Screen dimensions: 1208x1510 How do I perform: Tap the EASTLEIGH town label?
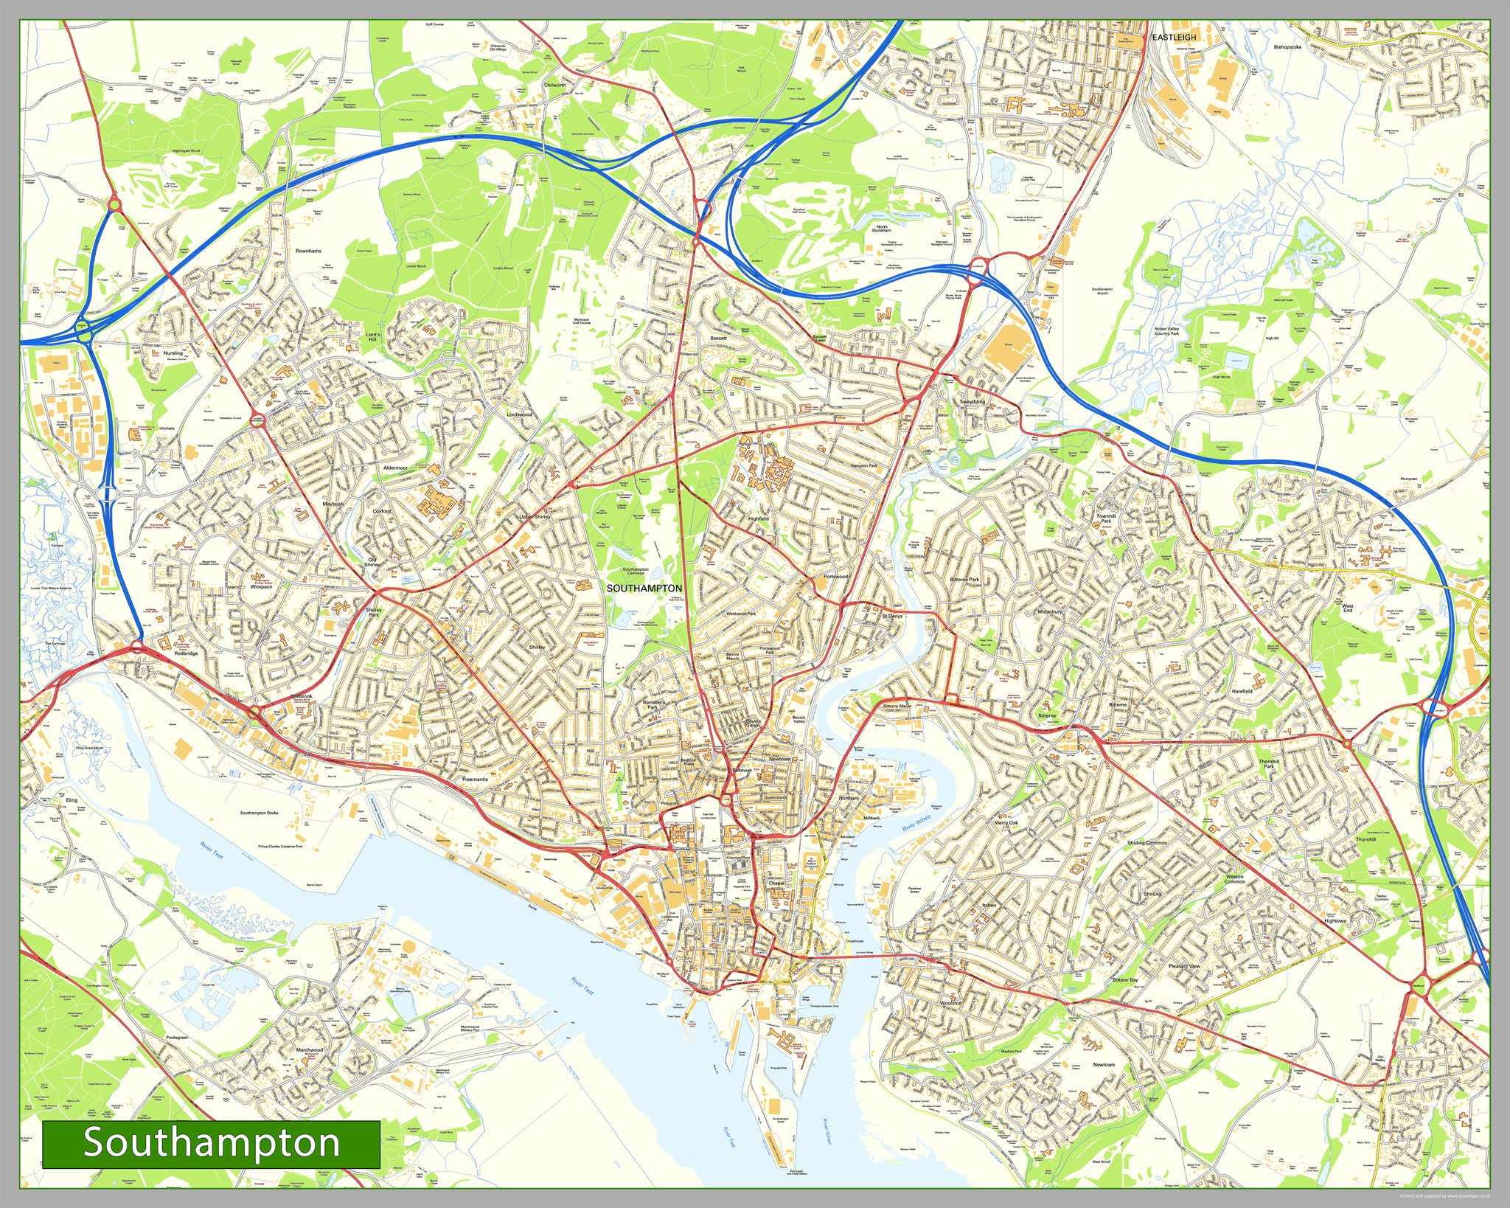pyautogui.click(x=1175, y=36)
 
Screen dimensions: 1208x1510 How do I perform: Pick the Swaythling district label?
pyautogui.click(x=972, y=402)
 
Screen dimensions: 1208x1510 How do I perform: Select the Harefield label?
pyautogui.click(x=1242, y=691)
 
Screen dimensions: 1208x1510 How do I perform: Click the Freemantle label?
pyautogui.click(x=474, y=779)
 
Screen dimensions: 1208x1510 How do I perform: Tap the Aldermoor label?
pyautogui.click(x=395, y=468)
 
